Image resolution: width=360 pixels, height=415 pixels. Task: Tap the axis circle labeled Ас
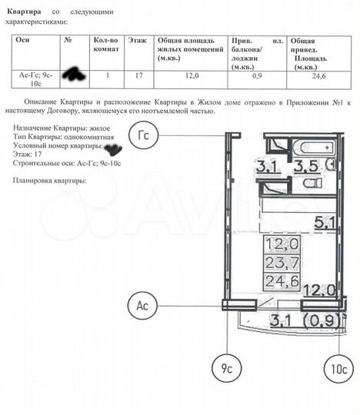pyautogui.click(x=142, y=305)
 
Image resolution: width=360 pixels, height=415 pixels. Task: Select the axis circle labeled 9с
pyautogui.click(x=226, y=369)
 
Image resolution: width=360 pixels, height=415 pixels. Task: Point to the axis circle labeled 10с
pyautogui.click(x=339, y=369)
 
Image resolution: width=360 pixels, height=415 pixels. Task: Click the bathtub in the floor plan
pyautogui.click(x=315, y=148)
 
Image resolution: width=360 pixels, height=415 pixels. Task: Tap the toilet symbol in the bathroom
pyautogui.click(x=310, y=184)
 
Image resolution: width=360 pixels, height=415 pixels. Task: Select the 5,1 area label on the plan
pyautogui.click(x=325, y=224)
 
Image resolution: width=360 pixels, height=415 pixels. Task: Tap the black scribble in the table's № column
pyautogui.click(x=75, y=73)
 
